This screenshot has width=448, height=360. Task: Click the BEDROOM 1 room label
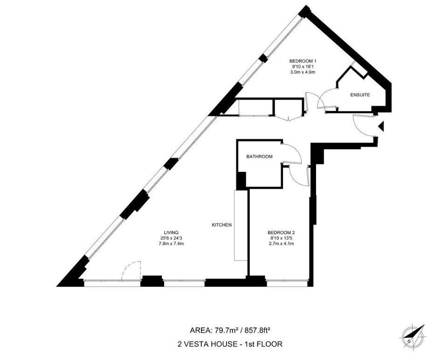point(303,61)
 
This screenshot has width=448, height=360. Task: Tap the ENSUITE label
point(360,95)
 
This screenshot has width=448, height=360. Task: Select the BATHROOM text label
point(259,156)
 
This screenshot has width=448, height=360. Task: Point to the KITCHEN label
point(221,225)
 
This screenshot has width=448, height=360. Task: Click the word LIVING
point(171,232)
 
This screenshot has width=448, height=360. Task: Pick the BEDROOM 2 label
point(281,232)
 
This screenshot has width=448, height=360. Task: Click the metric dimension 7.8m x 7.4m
point(171,244)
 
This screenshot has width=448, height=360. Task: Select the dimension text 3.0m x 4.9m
point(303,72)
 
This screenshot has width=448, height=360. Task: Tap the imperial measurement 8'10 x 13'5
point(281,238)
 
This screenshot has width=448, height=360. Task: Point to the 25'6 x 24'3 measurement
point(171,238)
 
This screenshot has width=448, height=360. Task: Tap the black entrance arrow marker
point(381,126)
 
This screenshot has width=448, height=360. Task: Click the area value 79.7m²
point(227,331)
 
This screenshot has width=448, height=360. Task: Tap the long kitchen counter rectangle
point(240,225)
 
